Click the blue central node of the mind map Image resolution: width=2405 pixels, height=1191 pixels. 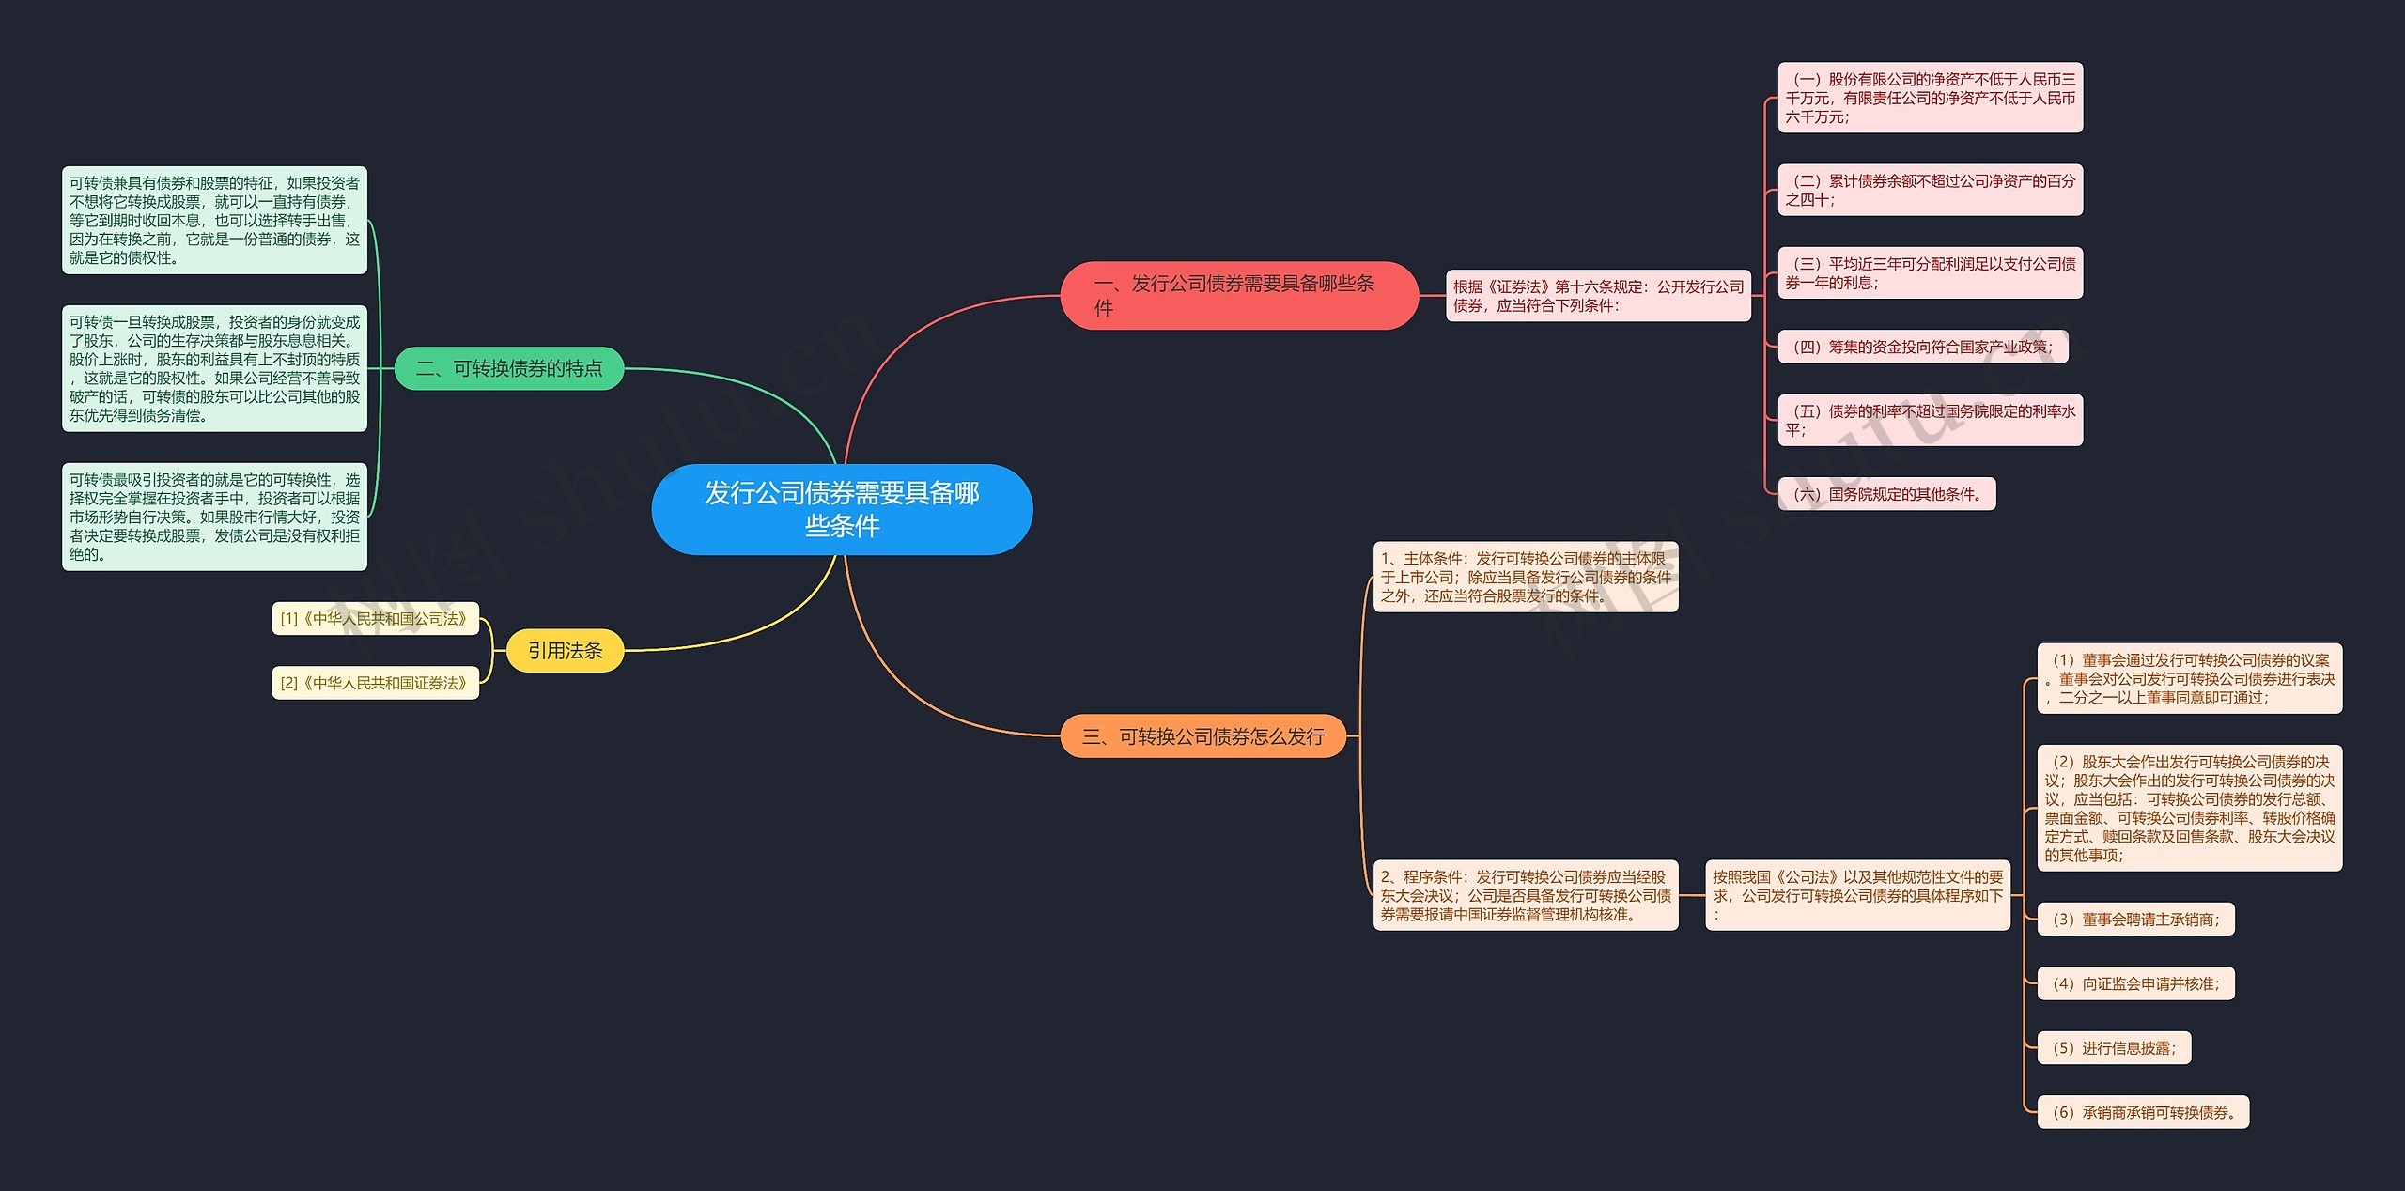coord(842,509)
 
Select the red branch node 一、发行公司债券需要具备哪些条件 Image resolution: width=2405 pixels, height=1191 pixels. coord(1238,295)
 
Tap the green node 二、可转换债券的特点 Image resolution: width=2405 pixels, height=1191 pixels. coord(509,368)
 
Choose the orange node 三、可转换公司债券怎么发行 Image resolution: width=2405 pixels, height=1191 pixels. coord(1202,736)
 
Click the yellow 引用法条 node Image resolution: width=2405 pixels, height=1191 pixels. coord(565,650)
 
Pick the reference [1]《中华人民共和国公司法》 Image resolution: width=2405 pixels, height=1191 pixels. coord(375,619)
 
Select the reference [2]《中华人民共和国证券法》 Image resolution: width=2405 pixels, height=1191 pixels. coord(375,683)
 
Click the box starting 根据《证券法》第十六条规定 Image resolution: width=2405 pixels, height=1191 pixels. coord(1597,296)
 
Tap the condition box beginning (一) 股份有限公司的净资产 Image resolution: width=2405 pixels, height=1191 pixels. coord(1930,98)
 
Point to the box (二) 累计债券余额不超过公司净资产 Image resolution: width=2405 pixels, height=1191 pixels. coord(1930,190)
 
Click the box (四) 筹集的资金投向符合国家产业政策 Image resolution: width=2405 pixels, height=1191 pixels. coord(1922,347)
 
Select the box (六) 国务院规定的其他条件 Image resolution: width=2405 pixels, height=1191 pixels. coord(1886,494)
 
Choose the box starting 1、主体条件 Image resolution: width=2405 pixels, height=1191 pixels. coord(1525,577)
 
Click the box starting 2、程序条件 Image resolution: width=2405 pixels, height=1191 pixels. coord(1525,895)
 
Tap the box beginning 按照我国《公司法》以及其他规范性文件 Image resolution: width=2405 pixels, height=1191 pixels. coord(1857,895)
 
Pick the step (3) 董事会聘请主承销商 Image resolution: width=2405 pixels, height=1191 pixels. coord(2135,920)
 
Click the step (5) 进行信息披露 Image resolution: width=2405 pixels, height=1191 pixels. coord(2114,1048)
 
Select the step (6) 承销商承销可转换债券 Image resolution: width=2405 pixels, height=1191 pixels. coord(2143,1112)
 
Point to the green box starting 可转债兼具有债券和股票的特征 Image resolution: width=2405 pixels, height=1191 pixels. coord(214,221)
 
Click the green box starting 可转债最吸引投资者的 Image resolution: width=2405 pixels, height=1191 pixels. coord(214,517)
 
